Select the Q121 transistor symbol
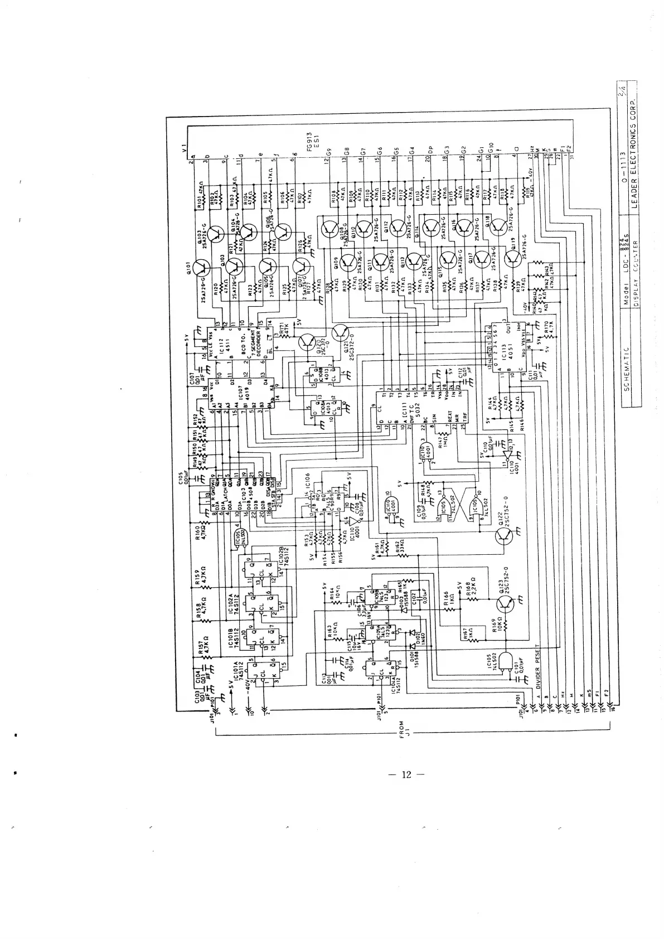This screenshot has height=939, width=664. point(341,333)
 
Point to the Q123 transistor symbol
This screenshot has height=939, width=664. point(506,603)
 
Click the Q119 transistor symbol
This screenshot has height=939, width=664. point(513,258)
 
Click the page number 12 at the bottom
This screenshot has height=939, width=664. point(406,774)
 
